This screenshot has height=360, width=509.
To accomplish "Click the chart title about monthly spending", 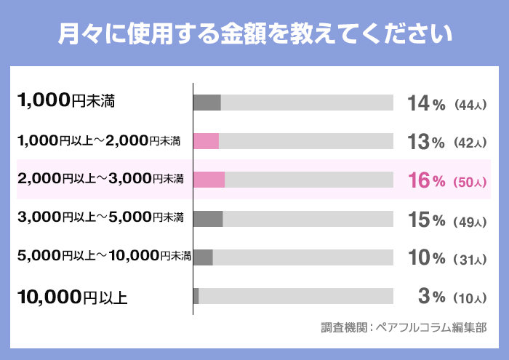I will click(x=254, y=33).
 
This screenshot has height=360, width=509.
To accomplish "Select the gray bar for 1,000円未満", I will click(x=207, y=103).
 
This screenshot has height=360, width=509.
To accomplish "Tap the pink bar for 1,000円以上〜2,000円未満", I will click(x=207, y=141).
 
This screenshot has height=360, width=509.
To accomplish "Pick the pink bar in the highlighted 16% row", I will click(x=209, y=180).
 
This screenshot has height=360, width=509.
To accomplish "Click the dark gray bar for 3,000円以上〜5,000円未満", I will click(x=208, y=218).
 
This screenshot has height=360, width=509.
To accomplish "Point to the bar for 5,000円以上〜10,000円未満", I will click(x=204, y=257).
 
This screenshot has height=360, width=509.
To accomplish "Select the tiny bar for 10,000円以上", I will click(x=196, y=295).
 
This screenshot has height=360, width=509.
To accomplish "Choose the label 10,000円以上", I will click(x=72, y=296).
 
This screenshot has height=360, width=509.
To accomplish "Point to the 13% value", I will click(x=426, y=142).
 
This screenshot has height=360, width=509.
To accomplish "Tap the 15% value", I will click(x=426, y=219).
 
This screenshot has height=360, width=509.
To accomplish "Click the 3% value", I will click(x=431, y=296).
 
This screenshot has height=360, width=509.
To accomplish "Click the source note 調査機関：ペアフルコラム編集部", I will click(x=403, y=328).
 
